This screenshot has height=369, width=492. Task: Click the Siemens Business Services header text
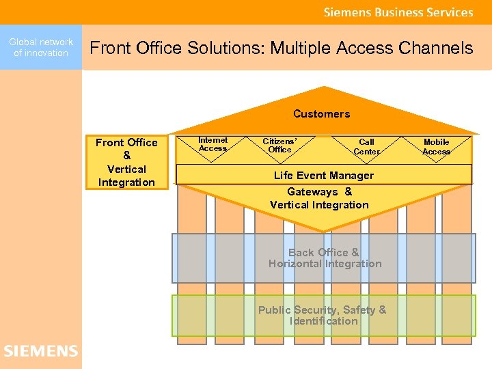click(x=398, y=12)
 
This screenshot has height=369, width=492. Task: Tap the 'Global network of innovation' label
click(x=41, y=47)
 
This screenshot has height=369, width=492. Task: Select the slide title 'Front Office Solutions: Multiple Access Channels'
click(x=282, y=48)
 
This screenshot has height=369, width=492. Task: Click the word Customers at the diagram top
click(x=321, y=113)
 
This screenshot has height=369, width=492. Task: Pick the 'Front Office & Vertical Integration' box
click(x=126, y=162)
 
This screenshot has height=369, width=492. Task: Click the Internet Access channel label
click(x=213, y=143)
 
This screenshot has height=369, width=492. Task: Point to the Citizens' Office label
click(x=279, y=146)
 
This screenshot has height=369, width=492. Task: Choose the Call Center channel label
click(x=367, y=146)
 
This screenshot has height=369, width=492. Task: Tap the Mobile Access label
click(x=436, y=146)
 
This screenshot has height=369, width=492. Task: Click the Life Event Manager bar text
click(x=324, y=175)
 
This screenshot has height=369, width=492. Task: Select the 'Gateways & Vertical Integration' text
click(x=319, y=198)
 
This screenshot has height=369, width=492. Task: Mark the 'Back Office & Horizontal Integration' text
click(x=325, y=258)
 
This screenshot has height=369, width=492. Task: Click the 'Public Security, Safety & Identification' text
click(x=323, y=315)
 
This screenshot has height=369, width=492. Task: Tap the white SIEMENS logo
click(x=41, y=351)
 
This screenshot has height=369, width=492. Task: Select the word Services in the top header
click(x=449, y=12)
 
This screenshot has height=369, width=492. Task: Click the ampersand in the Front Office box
click(x=126, y=156)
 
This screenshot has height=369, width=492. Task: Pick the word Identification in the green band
click(x=323, y=321)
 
